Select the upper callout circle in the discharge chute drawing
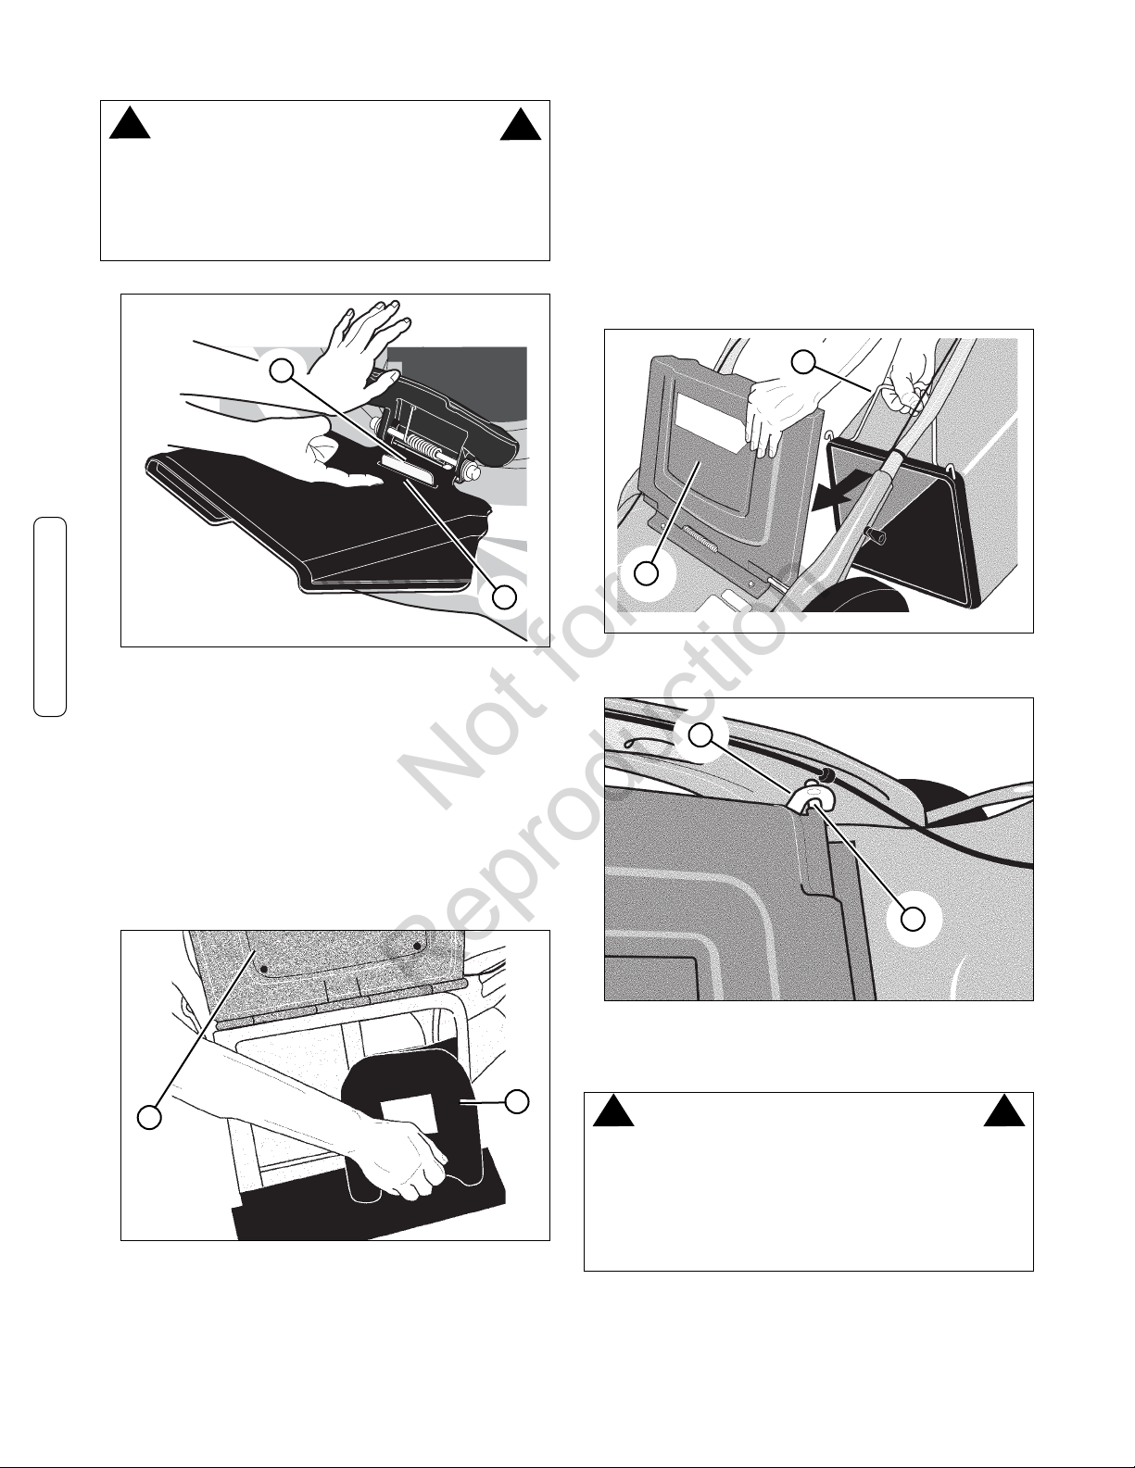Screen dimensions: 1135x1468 (283, 369)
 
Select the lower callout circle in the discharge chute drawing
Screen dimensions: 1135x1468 (504, 596)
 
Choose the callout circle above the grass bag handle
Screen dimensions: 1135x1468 (803, 362)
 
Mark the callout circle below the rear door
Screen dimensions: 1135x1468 (647, 573)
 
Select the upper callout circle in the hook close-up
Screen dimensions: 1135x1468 (701, 735)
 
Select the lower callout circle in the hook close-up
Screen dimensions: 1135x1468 (914, 919)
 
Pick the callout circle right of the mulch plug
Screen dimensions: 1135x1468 (517, 1102)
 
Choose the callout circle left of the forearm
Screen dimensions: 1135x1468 (149, 1117)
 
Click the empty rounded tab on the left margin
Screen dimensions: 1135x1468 (50, 616)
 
